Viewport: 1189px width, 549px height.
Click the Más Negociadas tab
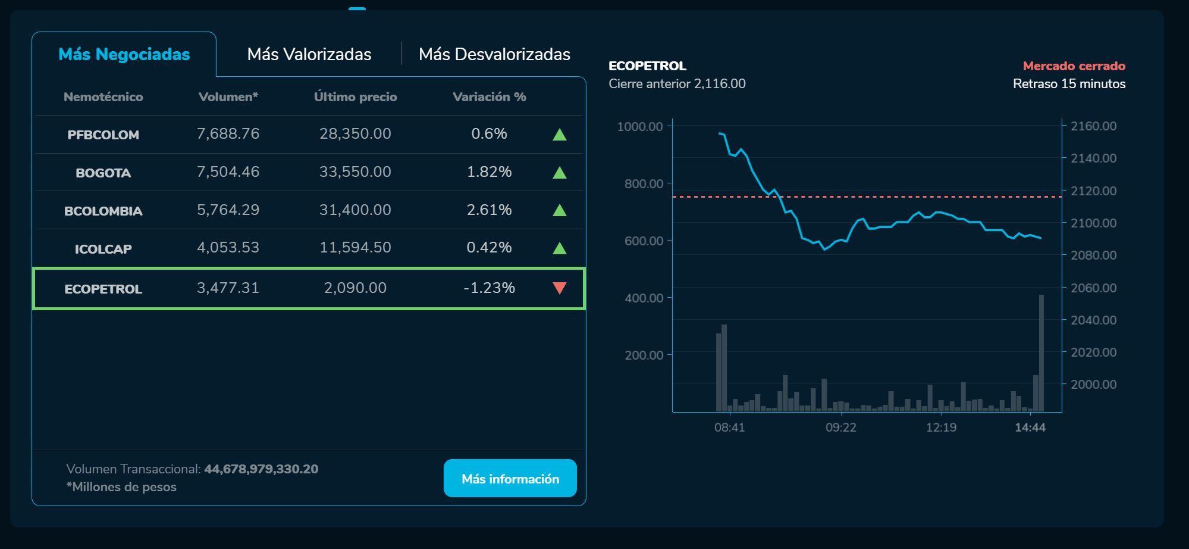124,54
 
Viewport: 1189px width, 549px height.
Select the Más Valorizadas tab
309,54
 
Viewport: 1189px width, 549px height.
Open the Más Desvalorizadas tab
494,54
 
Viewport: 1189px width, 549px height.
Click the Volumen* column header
228,97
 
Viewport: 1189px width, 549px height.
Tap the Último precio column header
355,97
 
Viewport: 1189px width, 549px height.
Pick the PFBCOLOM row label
103,135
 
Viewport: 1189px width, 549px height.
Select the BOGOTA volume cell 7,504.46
228,172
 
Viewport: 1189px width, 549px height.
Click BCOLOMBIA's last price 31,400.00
355,210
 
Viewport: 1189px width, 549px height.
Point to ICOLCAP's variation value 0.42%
489,248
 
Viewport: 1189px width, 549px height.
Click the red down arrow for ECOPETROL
559,288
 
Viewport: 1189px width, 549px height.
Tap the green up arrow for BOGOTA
559,173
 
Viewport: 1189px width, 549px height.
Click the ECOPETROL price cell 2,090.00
355,288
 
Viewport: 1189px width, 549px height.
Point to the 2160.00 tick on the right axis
1093,126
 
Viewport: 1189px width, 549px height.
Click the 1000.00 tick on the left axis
640,126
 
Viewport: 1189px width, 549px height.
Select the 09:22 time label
840,428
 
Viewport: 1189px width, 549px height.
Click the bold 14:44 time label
1030,428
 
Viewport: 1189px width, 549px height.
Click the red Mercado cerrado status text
1074,66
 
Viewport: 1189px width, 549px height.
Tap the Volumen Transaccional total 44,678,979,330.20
261,469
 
